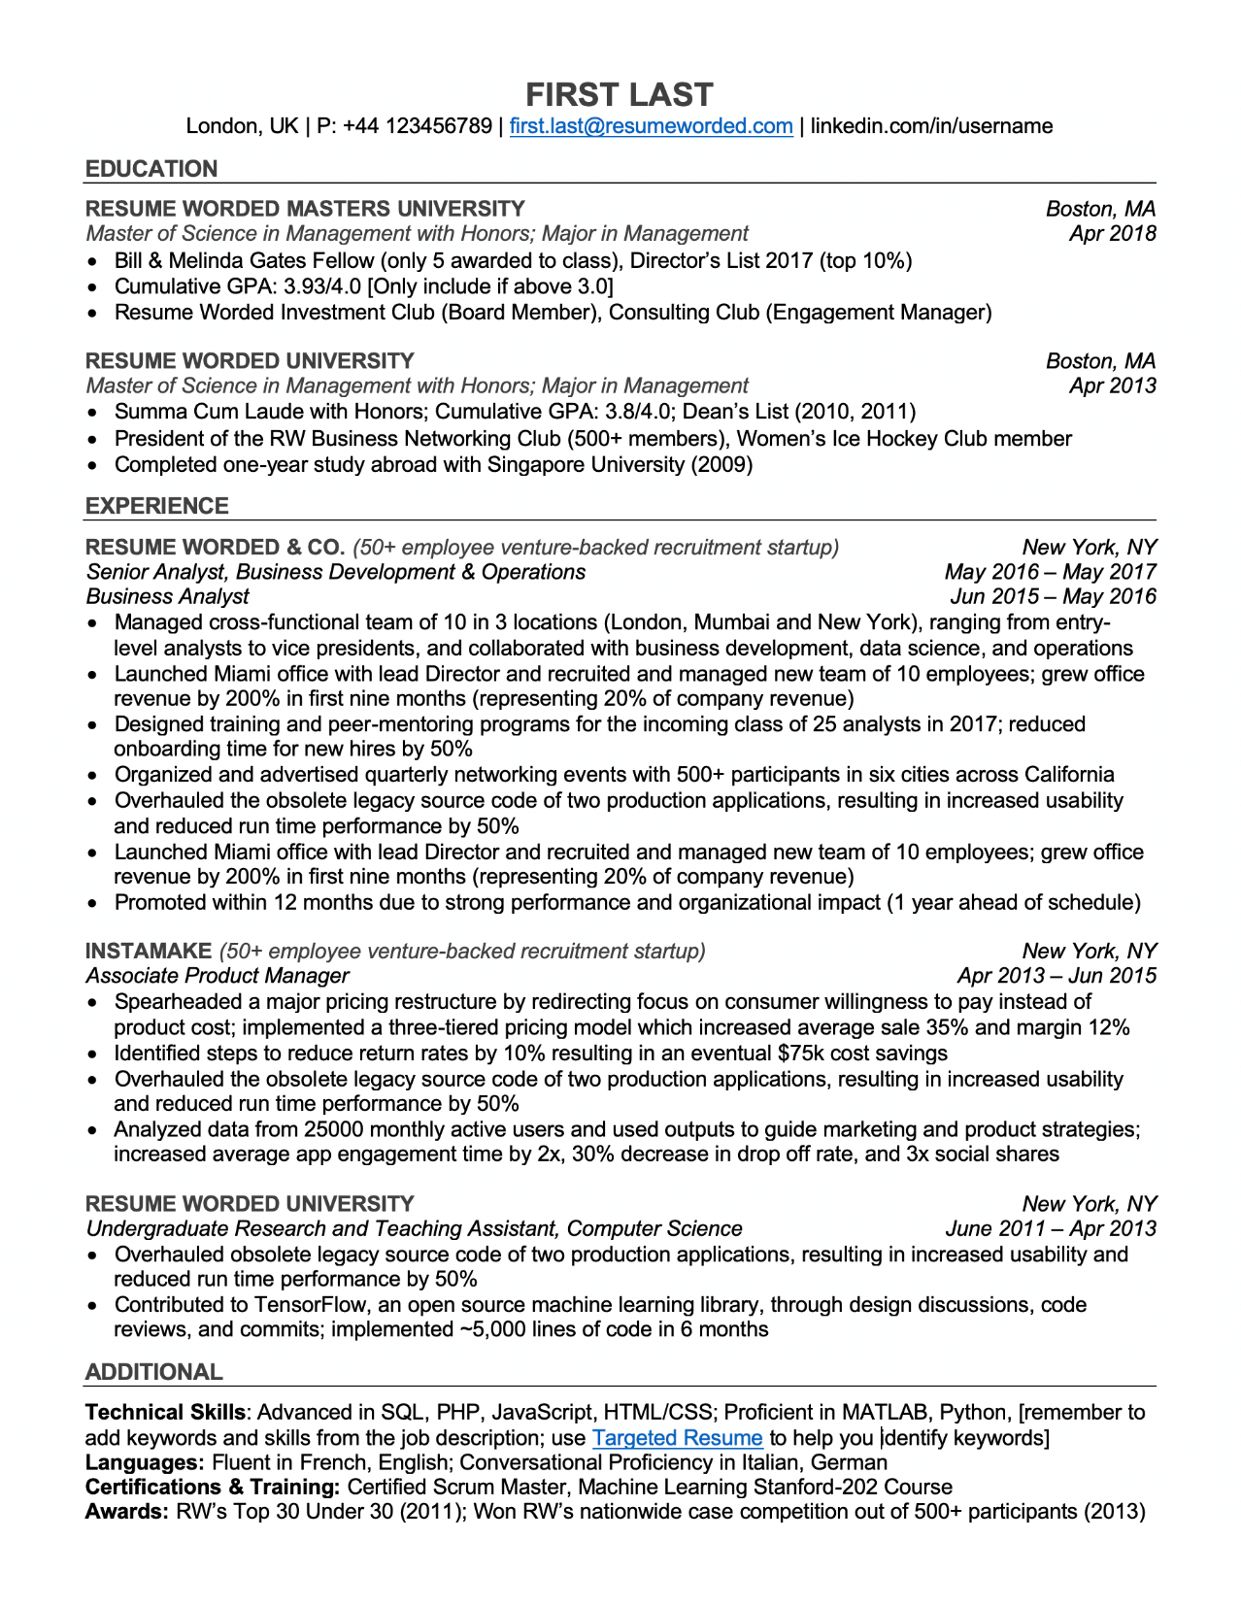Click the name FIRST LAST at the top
tap(620, 94)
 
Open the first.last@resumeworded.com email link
tap(651, 126)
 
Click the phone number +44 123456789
tap(417, 126)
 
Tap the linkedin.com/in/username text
tap(931, 126)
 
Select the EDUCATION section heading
tap(151, 169)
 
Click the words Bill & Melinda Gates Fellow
tap(244, 260)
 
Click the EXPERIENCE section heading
tap(157, 506)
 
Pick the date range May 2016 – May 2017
tap(1050, 572)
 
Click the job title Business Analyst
tap(167, 596)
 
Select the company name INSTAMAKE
tap(149, 951)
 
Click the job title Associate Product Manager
tap(218, 976)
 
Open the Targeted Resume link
tap(677, 1437)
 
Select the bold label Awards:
tap(127, 1511)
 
